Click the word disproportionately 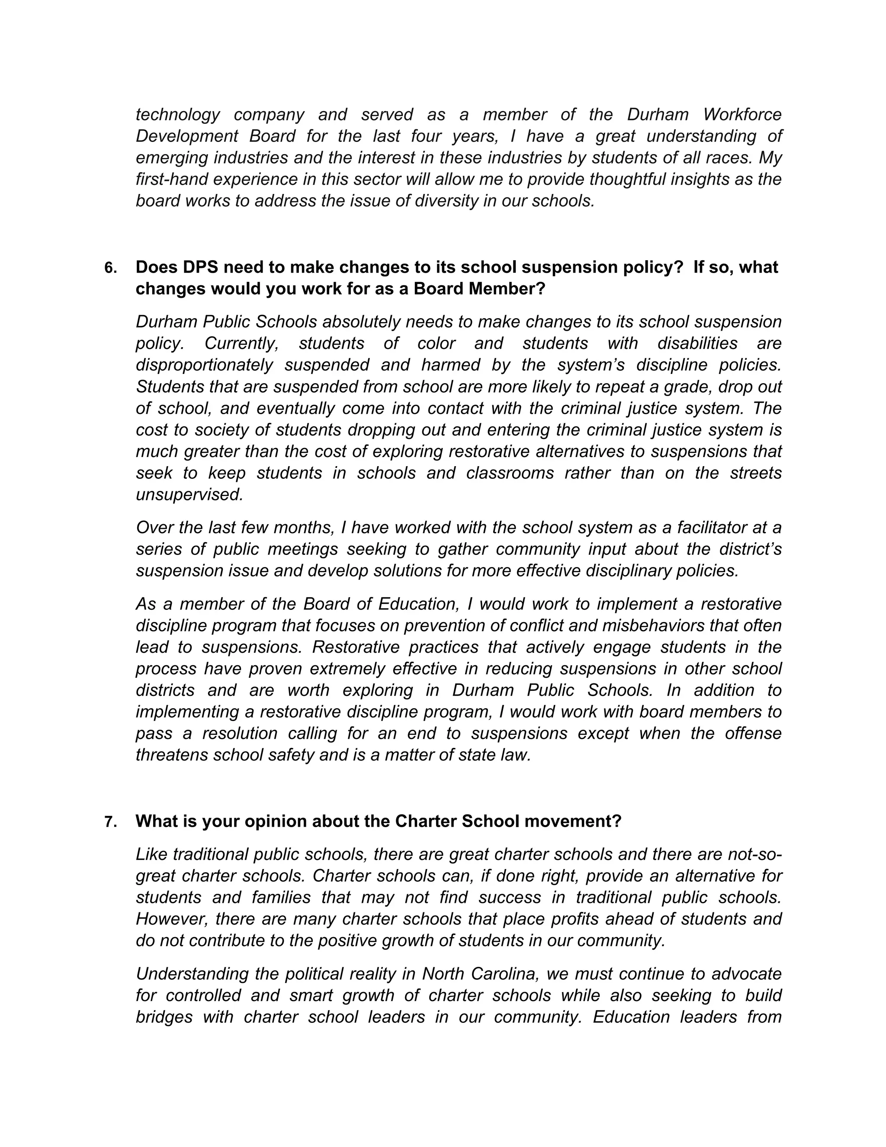tap(204, 365)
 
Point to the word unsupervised tap(189, 494)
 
